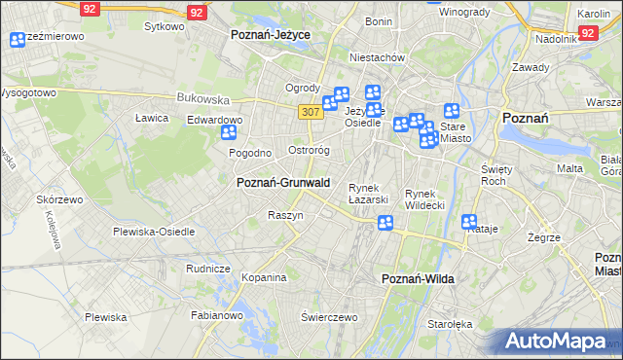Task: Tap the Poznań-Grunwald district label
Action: (x=283, y=182)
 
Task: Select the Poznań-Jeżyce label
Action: (x=270, y=34)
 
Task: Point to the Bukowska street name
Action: (x=202, y=98)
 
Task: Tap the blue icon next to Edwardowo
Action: (x=230, y=133)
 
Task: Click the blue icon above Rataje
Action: (x=469, y=222)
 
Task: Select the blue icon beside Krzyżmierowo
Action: (x=17, y=40)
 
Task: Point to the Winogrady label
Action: (x=463, y=13)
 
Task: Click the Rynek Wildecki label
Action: (x=424, y=198)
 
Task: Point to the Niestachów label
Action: (x=376, y=57)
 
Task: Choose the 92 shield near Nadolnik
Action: (x=587, y=33)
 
